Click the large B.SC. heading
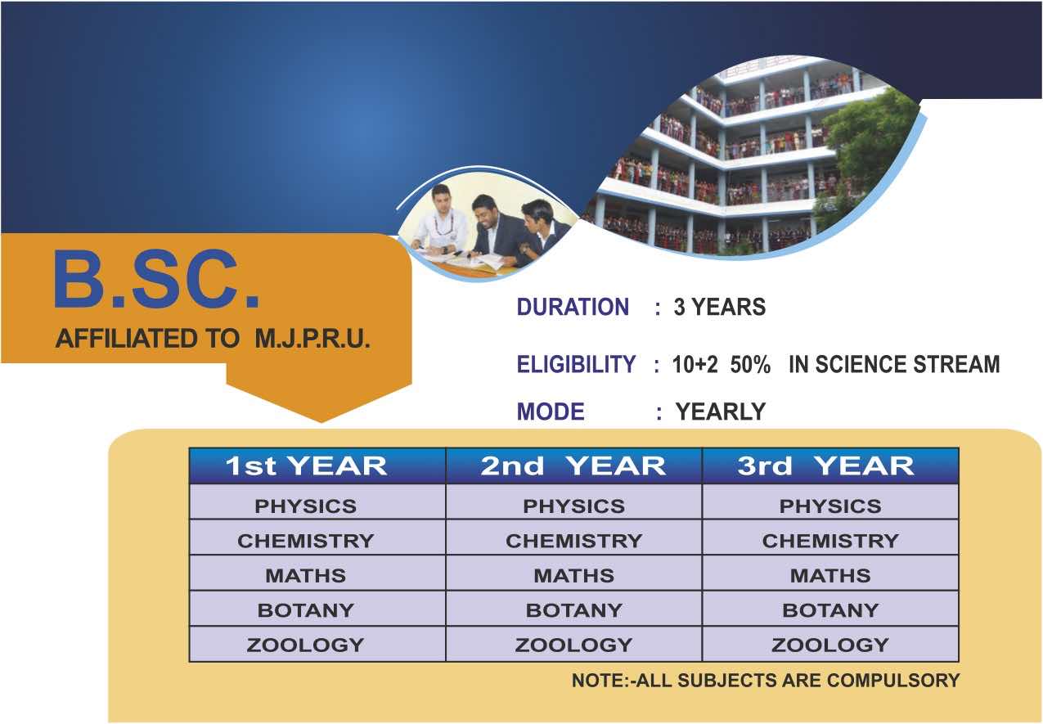click(157, 279)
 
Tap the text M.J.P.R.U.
click(312, 339)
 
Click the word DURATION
click(573, 307)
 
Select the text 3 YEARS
click(719, 307)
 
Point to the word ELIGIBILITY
click(576, 363)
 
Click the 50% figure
click(750, 364)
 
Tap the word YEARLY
click(721, 411)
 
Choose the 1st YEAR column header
click(307, 466)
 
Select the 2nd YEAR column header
click(573, 466)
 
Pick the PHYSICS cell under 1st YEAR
click(306, 506)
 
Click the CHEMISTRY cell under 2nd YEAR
click(574, 541)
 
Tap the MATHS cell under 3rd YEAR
click(830, 576)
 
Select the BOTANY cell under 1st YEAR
click(306, 610)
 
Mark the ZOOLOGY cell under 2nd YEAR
click(574, 645)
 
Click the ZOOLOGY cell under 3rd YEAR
click(830, 645)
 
